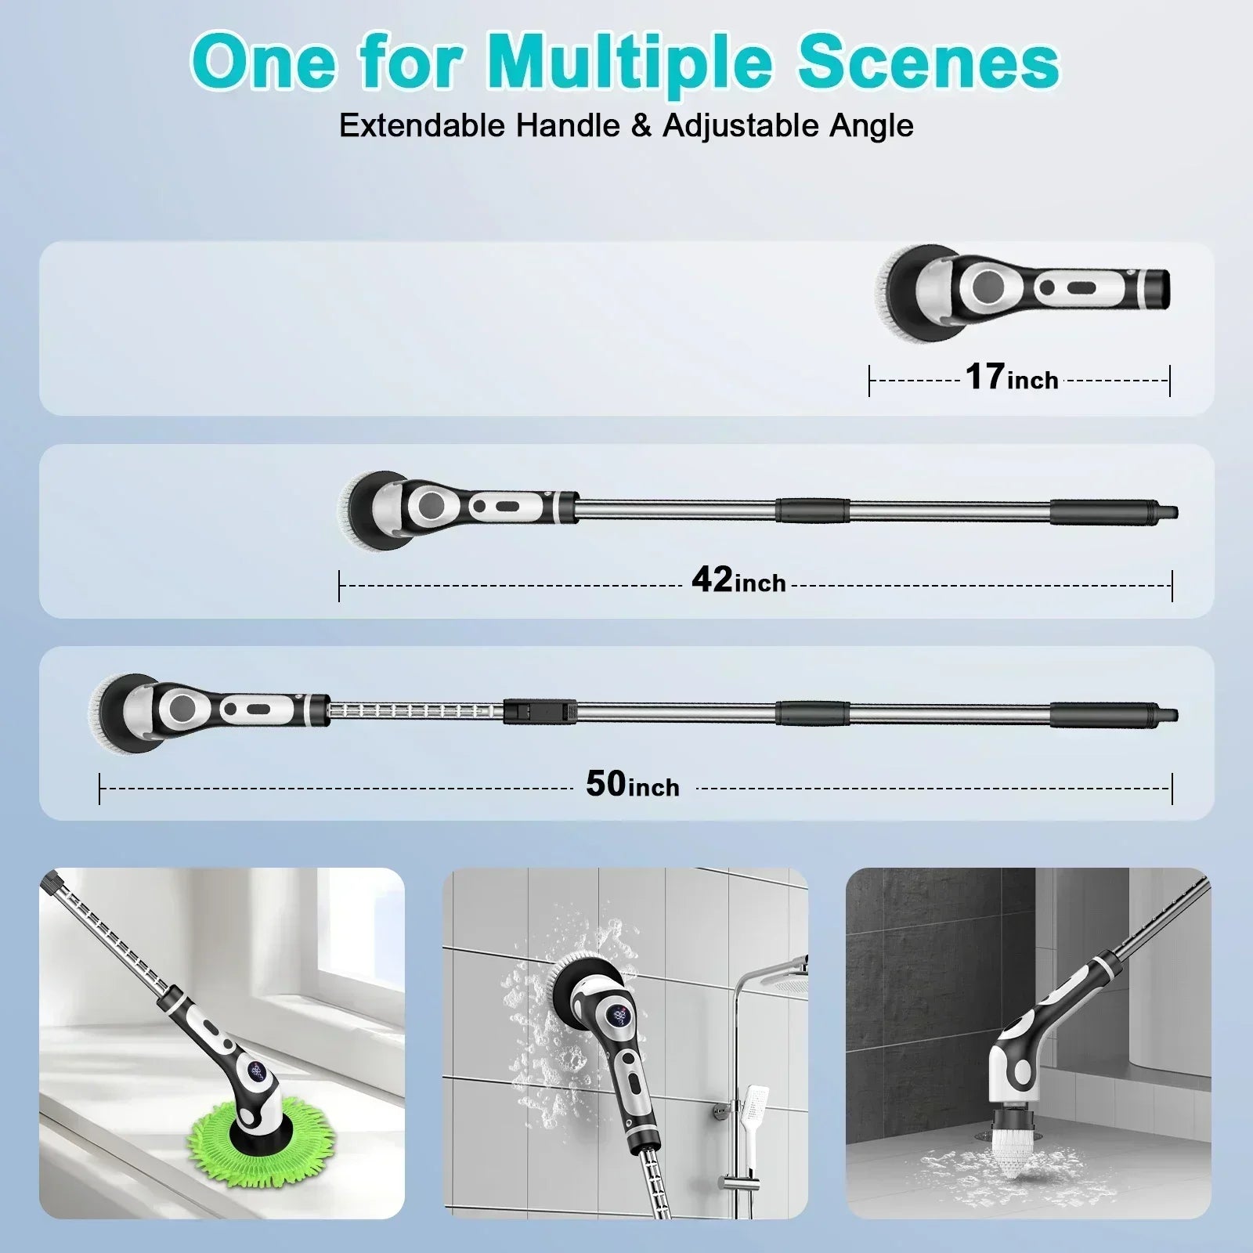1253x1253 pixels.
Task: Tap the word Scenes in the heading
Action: (929, 63)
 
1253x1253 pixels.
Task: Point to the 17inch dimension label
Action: (1011, 377)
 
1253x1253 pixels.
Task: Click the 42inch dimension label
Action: (738, 581)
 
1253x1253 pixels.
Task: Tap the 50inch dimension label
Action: (632, 785)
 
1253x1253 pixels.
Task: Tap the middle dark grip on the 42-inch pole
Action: (812, 510)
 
